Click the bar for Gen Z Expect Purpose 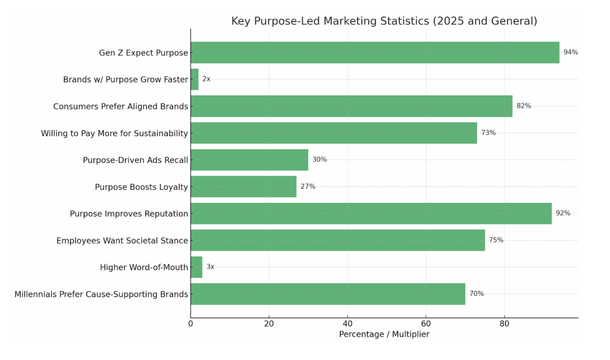375,52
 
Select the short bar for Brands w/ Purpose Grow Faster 194,79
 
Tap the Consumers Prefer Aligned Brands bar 351,106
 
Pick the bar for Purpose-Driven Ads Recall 249,160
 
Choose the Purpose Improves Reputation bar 371,214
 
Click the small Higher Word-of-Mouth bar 196,267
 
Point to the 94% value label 570,52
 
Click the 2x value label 206,79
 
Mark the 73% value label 488,133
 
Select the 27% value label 308,187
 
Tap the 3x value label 210,267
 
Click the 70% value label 476,294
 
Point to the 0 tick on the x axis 191,324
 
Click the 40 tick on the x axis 348,324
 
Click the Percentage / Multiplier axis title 384,335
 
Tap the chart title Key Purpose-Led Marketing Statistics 384,21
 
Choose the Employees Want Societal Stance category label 122,241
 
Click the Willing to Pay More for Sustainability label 114,133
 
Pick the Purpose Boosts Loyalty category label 141,187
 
